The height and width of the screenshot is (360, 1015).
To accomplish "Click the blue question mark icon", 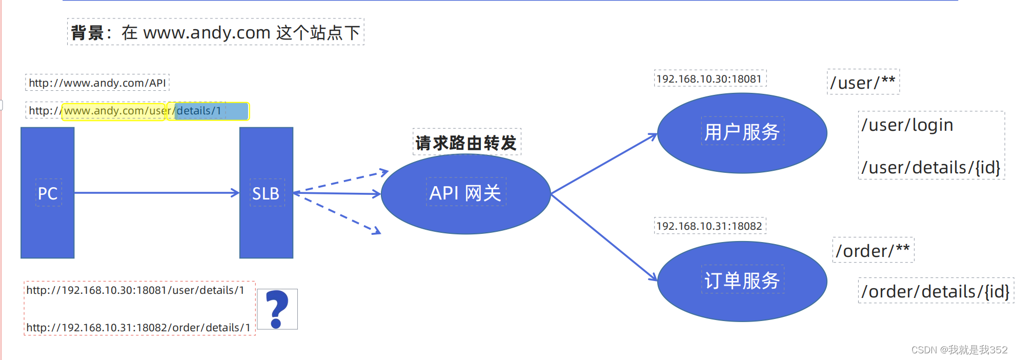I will pos(277,309).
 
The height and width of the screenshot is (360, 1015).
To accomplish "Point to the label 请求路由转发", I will pos(466,143).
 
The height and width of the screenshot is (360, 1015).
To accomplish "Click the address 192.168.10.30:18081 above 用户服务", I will pos(709,79).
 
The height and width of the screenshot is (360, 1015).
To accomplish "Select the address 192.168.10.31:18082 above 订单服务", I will pos(709,226).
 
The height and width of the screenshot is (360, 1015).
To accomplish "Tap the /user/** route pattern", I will pos(863,83).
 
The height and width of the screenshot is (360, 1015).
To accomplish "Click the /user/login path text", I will pos(907,125).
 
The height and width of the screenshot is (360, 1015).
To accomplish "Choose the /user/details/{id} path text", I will pos(931,168).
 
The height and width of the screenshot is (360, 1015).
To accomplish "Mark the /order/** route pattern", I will pos(872,251).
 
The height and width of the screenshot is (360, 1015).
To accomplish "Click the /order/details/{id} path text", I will pos(936,291).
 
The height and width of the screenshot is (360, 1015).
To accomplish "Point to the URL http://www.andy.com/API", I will pos(97,83).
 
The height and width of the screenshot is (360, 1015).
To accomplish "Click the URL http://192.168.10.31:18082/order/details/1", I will pos(138,328).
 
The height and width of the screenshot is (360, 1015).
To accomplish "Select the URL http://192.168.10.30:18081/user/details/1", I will pos(135,290).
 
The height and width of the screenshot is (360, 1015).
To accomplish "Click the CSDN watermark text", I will pos(959,350).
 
